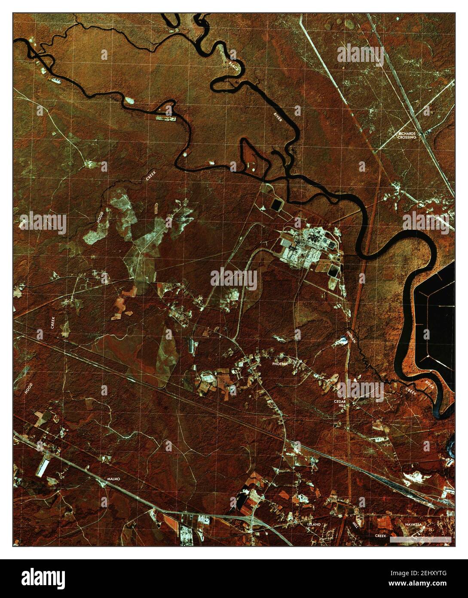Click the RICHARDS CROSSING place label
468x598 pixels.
[407, 135]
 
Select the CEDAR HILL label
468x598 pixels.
[342, 403]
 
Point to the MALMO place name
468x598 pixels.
[113, 479]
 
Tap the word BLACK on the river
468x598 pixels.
[233, 65]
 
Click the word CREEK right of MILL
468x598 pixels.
[380, 536]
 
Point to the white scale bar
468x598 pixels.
[420, 539]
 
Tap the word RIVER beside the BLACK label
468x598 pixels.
[278, 117]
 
